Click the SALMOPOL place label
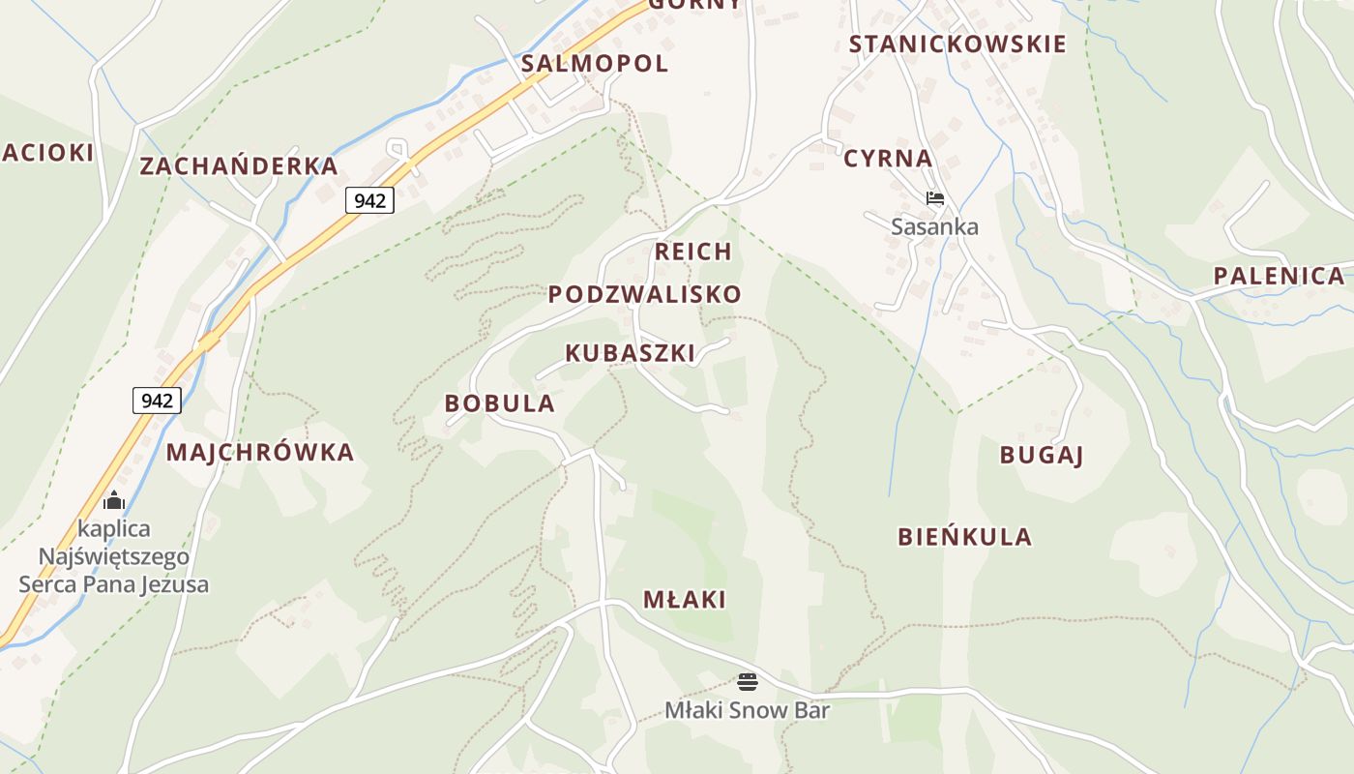click(594, 64)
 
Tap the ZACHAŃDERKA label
click(239, 165)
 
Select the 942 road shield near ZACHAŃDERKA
click(369, 200)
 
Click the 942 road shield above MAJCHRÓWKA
click(157, 400)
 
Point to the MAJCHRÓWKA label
click(260, 452)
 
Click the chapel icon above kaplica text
click(114, 500)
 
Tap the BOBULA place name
click(500, 403)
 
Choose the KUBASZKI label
click(630, 353)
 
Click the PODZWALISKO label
click(645, 294)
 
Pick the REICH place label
click(693, 252)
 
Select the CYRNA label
click(888, 159)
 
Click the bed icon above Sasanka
click(934, 198)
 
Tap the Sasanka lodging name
click(934, 227)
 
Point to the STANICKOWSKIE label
click(957, 45)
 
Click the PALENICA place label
click(1279, 276)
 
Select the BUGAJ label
click(1041, 455)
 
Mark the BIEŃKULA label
click(964, 537)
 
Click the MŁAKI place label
click(685, 600)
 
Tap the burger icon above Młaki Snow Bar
click(747, 681)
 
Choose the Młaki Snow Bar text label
click(747, 710)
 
